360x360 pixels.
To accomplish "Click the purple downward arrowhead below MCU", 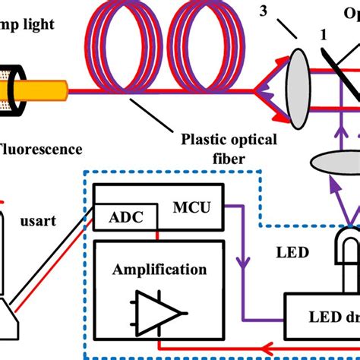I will coord(242,264).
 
